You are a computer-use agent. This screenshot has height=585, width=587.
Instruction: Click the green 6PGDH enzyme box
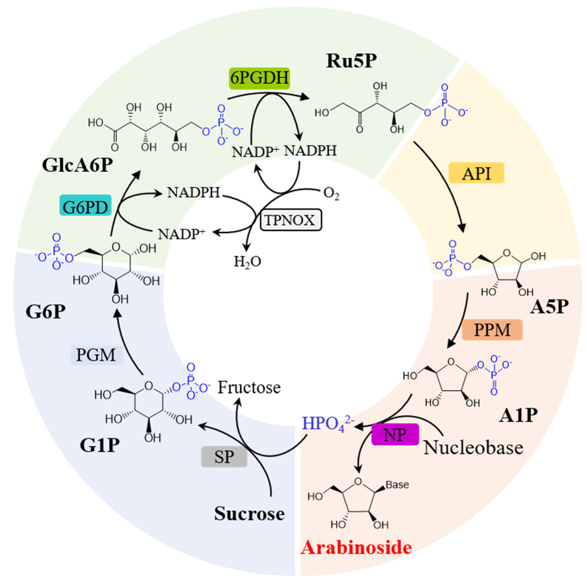(259, 78)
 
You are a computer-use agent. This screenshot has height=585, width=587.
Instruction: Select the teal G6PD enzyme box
(85, 207)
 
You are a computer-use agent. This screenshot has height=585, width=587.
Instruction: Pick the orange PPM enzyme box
(492, 330)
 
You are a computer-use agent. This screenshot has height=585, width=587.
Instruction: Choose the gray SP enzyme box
(224, 457)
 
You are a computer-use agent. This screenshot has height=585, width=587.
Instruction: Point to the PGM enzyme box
(96, 355)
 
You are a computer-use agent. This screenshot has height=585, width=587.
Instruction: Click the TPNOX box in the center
(290, 220)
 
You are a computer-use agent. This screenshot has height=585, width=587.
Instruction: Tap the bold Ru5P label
(352, 61)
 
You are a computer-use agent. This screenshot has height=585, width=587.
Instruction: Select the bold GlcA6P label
(77, 166)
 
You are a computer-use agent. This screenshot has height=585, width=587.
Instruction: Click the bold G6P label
(46, 311)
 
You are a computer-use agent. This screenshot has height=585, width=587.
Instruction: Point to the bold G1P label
(99, 445)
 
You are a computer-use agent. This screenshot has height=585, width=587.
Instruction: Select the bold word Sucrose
(249, 514)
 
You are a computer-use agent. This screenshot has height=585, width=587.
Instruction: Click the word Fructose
(249, 387)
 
